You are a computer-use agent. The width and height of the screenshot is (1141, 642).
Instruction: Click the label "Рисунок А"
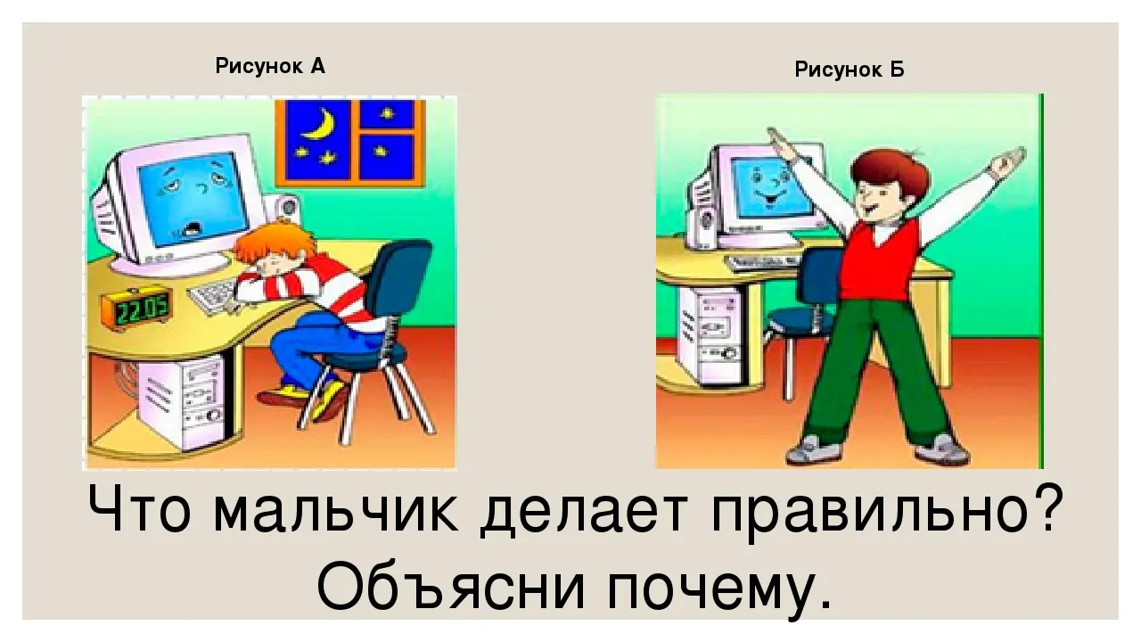(x=270, y=66)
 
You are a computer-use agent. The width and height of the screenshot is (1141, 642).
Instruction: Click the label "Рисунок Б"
(x=850, y=70)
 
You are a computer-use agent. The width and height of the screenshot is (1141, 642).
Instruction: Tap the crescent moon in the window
(x=320, y=126)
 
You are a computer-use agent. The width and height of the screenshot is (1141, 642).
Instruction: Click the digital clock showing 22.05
(x=137, y=309)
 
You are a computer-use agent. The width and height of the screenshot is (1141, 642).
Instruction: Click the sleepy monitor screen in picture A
(x=194, y=198)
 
